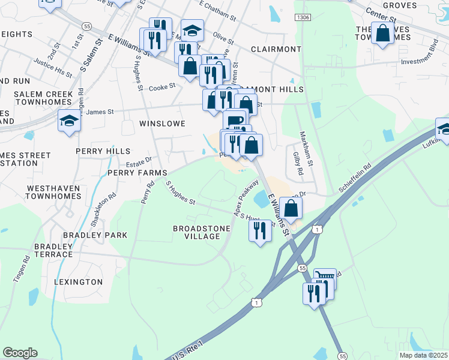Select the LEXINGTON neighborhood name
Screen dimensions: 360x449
[x=78, y=281]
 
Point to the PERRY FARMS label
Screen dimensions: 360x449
[x=137, y=173]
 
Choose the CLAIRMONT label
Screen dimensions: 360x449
[x=276, y=49]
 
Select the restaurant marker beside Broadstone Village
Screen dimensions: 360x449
[x=260, y=231]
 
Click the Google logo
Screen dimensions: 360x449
[x=20, y=353]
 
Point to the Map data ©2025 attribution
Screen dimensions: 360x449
[x=423, y=355]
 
